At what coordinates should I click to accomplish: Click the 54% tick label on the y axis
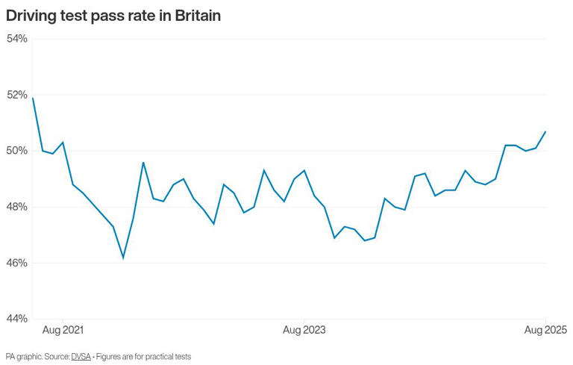pyautogui.click(x=17, y=39)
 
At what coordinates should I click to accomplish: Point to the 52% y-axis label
pyautogui.click(x=17, y=95)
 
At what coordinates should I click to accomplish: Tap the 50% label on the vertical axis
pyautogui.click(x=17, y=151)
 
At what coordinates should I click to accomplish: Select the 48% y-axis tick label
pyautogui.click(x=17, y=207)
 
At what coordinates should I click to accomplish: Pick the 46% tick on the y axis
pyautogui.click(x=17, y=263)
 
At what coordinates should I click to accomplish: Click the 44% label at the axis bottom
pyautogui.click(x=17, y=319)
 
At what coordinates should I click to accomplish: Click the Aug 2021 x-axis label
pyautogui.click(x=63, y=329)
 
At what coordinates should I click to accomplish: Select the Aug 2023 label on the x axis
pyautogui.click(x=304, y=329)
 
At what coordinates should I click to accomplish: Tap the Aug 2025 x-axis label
pyautogui.click(x=546, y=329)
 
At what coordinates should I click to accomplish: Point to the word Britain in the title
pyautogui.click(x=196, y=16)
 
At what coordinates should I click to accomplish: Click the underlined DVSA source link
pyautogui.click(x=81, y=357)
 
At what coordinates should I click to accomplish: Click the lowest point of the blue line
pyautogui.click(x=123, y=258)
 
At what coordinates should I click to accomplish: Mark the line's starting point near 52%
pyautogui.click(x=33, y=98)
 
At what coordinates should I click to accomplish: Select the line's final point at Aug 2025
pyautogui.click(x=546, y=131)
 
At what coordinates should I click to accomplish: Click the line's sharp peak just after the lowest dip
pyautogui.click(x=143, y=163)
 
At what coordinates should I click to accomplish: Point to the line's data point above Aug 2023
pyautogui.click(x=304, y=170)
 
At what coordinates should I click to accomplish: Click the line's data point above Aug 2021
pyautogui.click(x=63, y=142)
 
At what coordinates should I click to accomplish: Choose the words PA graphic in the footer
pyautogui.click(x=22, y=357)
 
